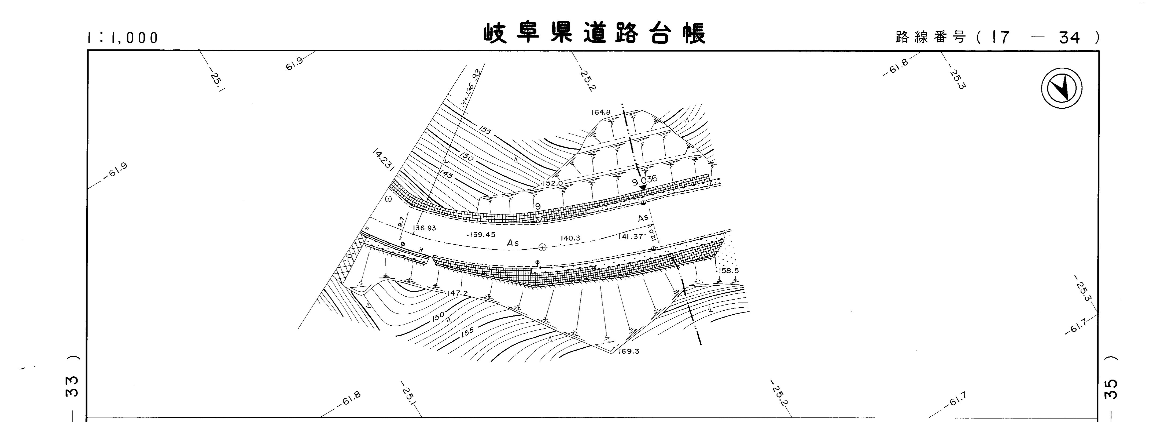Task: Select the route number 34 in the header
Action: [1070, 38]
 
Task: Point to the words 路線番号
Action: [931, 38]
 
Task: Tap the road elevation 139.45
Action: [482, 235]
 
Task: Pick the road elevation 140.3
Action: [570, 238]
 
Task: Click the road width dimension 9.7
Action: [401, 221]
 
